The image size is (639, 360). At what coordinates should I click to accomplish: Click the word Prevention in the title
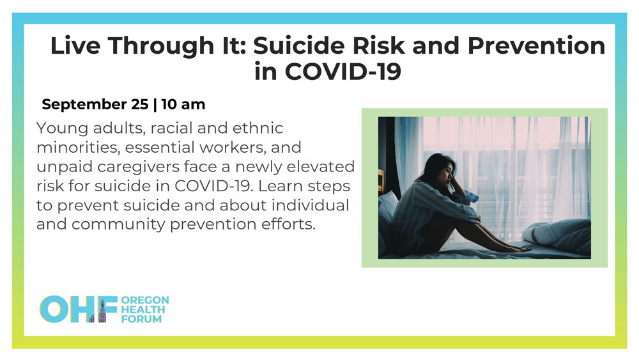536,45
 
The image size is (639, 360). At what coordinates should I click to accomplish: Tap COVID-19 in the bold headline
343,72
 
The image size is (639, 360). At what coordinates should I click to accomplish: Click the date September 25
95,104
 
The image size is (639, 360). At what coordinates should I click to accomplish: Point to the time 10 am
183,104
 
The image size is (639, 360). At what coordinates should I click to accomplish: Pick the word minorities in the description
78,147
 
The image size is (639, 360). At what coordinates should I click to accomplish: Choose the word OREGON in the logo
144,300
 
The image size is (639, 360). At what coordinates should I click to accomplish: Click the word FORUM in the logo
141,319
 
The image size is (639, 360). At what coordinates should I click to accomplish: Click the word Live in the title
75,45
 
